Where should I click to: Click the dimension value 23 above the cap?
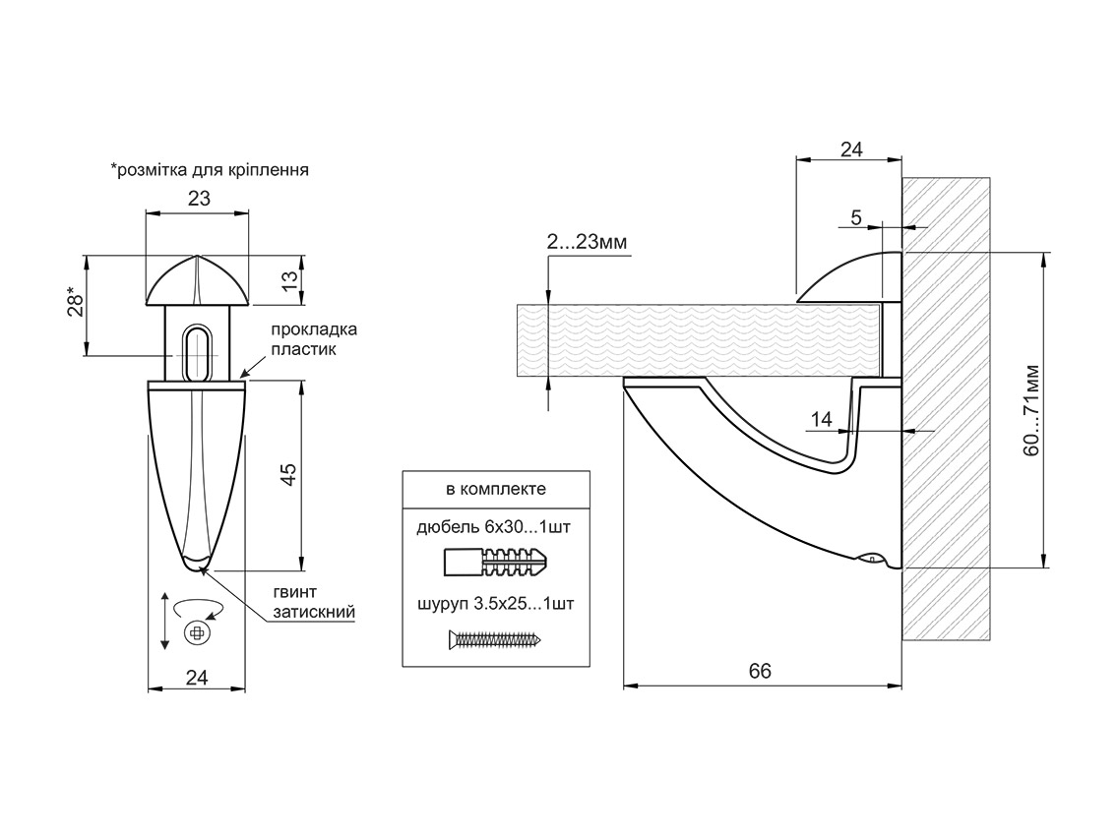[x=199, y=198]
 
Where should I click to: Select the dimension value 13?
[x=288, y=279]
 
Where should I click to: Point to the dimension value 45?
[x=288, y=474]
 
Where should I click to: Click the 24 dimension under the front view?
[x=197, y=678]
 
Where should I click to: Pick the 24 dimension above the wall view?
[x=851, y=149]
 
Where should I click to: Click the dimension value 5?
[x=856, y=218]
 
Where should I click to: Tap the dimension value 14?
[x=821, y=420]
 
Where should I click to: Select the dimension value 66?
[x=760, y=671]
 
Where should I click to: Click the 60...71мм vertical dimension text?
[x=1030, y=410]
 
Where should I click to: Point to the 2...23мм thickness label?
[x=588, y=243]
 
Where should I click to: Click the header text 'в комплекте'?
[x=496, y=488]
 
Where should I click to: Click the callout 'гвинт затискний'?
[x=313, y=602]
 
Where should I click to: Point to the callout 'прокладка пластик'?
[x=313, y=338]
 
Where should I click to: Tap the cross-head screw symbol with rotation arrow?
[x=198, y=630]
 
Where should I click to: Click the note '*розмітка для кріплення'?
[x=211, y=169]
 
